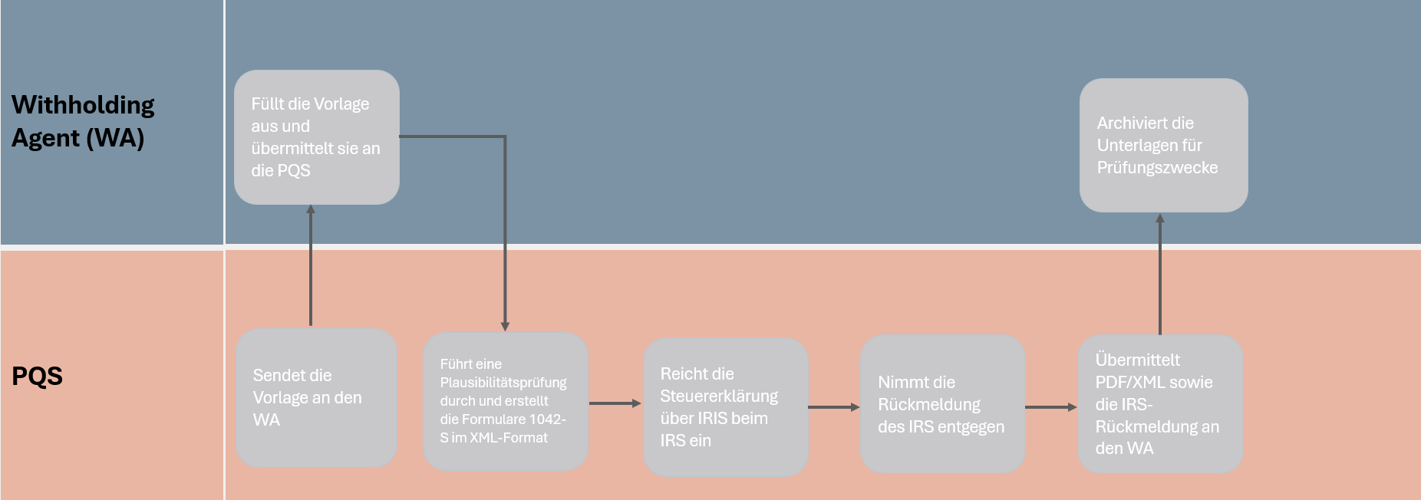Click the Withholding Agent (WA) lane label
[83, 121]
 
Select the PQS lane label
[37, 376]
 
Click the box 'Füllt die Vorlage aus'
[317, 137]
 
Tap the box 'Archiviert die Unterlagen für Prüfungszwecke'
[1163, 145]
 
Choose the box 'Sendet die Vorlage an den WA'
[316, 398]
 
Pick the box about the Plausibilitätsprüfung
[506, 401]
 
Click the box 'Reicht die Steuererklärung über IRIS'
[725, 406]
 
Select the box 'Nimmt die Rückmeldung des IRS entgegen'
[943, 404]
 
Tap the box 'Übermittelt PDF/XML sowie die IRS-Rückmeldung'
[1160, 404]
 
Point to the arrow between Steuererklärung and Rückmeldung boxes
[834, 407]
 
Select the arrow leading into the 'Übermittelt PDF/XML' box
[1052, 407]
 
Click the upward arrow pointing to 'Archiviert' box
[1160, 274]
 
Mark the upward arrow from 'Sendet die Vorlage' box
[311, 265]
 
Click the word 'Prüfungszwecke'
[1157, 167]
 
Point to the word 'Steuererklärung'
[719, 396]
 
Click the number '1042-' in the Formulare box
[547, 419]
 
